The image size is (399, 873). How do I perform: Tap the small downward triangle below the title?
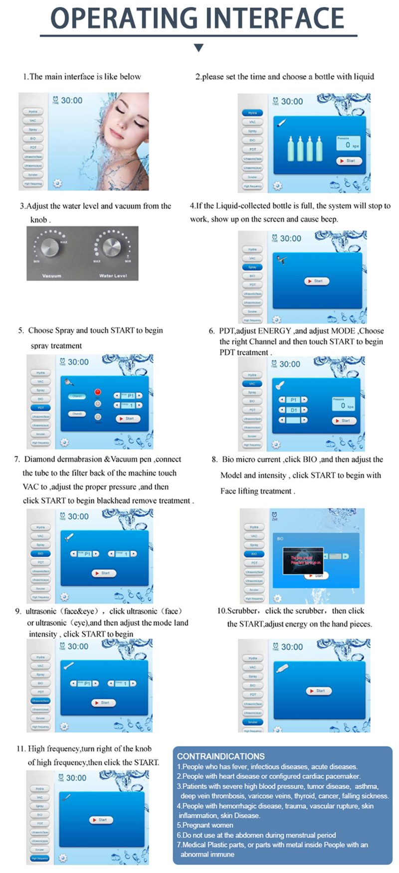click(x=199, y=48)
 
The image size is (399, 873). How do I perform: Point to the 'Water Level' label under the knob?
click(x=113, y=276)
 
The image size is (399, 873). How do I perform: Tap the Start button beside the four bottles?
click(x=348, y=160)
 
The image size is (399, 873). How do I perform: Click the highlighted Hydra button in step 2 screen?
click(x=252, y=113)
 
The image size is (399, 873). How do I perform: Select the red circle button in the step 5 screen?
click(x=98, y=392)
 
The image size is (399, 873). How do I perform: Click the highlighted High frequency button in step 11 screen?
click(x=40, y=858)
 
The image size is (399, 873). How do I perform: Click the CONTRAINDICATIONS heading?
click(x=220, y=756)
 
